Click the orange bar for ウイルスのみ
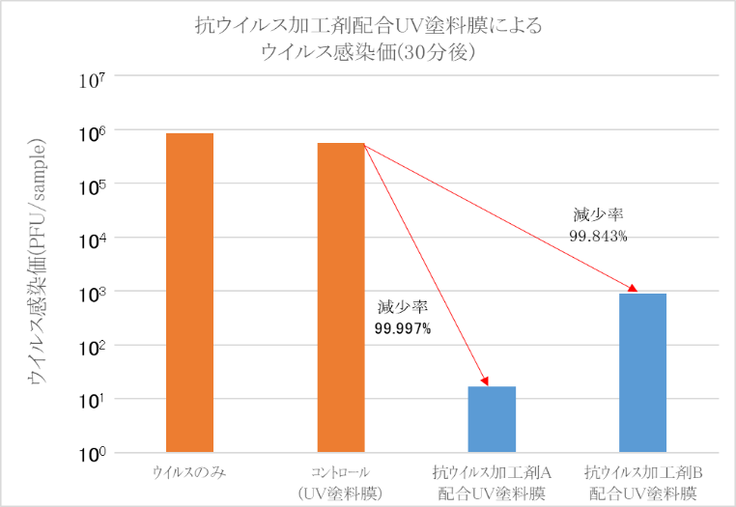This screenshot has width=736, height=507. (189, 292)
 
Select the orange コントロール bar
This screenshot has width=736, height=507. (341, 297)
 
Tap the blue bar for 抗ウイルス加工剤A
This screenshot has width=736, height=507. (492, 419)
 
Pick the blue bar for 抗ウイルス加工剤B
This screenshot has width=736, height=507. (642, 372)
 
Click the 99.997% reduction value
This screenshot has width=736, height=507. (403, 328)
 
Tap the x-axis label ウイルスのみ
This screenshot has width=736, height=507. (189, 473)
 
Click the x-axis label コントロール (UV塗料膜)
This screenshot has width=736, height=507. (341, 483)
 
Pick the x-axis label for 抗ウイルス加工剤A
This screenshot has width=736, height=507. (492, 483)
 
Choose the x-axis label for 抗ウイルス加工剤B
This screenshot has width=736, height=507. (642, 483)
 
